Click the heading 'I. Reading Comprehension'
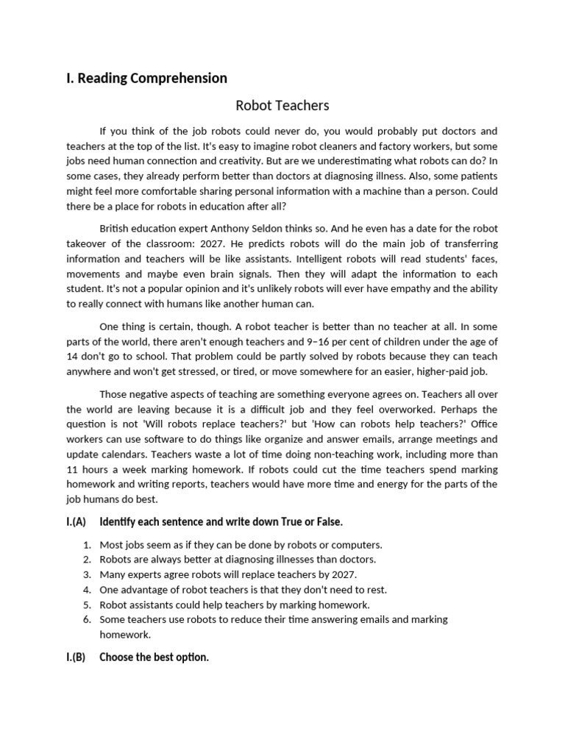[146, 78]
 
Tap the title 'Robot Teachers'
[282, 106]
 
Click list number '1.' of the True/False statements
[87, 545]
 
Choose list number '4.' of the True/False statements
[87, 590]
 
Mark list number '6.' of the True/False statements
[87, 619]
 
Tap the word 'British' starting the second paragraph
[116, 228]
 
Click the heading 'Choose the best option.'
[154, 657]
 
